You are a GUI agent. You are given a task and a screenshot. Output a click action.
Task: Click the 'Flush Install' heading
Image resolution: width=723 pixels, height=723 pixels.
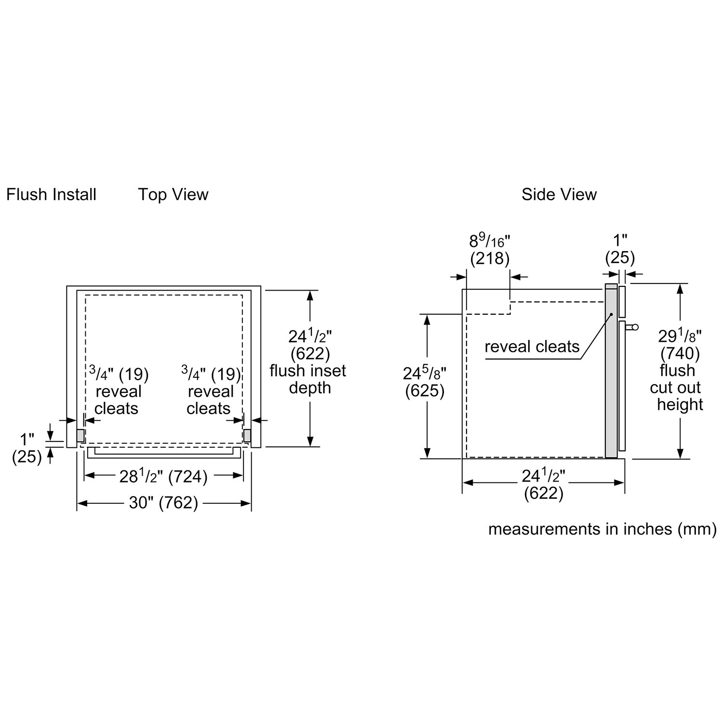click(51, 195)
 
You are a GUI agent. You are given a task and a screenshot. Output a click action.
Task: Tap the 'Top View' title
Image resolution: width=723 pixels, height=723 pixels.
click(173, 195)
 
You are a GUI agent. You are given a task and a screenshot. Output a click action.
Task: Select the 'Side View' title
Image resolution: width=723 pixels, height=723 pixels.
click(559, 195)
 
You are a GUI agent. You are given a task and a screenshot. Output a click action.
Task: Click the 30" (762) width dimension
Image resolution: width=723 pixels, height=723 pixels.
click(163, 503)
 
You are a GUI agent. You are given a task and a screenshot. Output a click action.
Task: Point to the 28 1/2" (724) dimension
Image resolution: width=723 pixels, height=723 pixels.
click(163, 477)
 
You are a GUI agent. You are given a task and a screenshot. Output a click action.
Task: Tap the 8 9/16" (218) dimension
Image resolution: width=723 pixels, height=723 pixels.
click(490, 250)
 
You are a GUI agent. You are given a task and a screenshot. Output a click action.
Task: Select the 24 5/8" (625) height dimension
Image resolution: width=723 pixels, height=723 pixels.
click(425, 382)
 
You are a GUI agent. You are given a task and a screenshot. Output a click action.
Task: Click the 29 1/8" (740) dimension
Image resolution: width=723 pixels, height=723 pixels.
click(680, 344)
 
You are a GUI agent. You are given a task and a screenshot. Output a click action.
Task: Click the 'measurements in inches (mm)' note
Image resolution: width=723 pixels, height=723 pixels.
click(602, 529)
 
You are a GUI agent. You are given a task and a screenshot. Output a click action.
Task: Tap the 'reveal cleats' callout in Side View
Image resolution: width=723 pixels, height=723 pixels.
click(532, 347)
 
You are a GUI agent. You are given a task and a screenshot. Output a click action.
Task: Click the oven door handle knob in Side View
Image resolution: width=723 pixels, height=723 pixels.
click(634, 328)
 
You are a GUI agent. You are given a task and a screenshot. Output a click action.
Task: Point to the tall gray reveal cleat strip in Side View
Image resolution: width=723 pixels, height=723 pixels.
click(611, 371)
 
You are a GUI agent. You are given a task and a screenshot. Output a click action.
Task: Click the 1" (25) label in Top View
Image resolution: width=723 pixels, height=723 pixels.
click(27, 448)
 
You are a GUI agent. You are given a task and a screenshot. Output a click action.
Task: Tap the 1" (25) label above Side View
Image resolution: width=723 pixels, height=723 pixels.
click(620, 249)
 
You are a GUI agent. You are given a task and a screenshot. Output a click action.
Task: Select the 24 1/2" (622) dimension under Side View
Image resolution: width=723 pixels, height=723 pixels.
click(543, 484)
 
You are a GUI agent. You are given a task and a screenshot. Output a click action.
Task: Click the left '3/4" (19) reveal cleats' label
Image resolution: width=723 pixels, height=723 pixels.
click(118, 391)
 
